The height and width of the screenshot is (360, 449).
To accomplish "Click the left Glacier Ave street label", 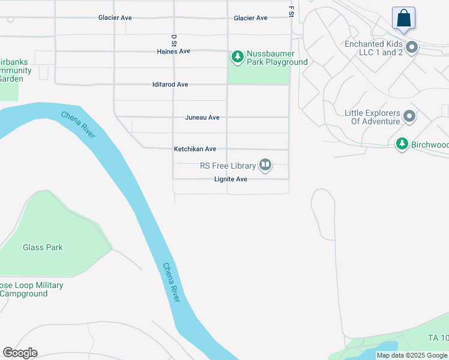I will [115, 18].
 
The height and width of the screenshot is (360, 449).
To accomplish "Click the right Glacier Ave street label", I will [250, 18].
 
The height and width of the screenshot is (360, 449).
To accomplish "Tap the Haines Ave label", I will [173, 52].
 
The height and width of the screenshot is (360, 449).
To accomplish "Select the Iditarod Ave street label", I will [170, 85].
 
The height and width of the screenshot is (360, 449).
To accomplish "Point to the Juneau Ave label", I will [202, 118].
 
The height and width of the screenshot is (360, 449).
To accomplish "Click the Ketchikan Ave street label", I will [194, 149].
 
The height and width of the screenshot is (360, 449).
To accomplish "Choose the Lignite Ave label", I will [231, 179].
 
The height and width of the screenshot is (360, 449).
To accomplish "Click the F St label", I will [291, 11].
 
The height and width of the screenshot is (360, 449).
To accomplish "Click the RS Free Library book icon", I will [265, 165].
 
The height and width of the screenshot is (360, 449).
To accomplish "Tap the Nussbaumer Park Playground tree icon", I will [238, 57].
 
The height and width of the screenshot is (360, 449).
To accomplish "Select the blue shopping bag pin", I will [404, 18].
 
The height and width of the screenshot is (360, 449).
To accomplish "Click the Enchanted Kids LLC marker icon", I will [412, 47].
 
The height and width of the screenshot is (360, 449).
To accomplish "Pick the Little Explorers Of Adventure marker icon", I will [409, 116].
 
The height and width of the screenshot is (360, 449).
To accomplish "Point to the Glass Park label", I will [43, 247].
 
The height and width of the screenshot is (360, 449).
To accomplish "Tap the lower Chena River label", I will [171, 281].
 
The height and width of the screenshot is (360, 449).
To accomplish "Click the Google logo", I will [20, 353].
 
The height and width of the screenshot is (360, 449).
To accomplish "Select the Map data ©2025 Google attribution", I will [412, 355].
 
